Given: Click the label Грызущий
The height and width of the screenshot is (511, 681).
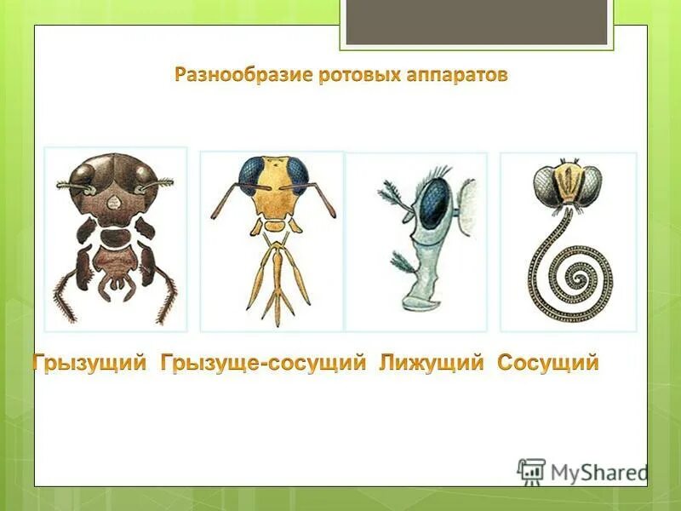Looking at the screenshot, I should click(91, 363).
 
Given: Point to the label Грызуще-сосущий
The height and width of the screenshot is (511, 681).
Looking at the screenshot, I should click(263, 363).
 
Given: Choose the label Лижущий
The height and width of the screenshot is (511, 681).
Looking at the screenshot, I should click(432, 363).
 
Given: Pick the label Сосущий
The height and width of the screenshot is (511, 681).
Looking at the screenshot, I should click(548, 363).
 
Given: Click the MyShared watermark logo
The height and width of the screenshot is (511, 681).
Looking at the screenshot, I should click(583, 471).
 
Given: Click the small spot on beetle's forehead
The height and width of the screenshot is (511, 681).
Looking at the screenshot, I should click(114, 202).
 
